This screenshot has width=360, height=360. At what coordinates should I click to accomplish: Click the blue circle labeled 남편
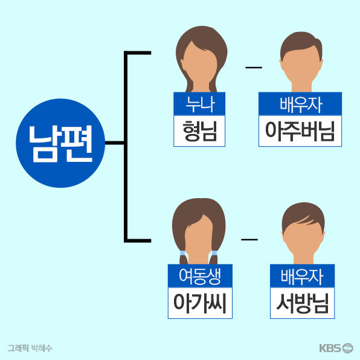pos(60,143)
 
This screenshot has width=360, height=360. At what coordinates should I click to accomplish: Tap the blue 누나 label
pos(199,104)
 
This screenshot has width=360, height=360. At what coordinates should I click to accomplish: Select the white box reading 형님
pos(199,131)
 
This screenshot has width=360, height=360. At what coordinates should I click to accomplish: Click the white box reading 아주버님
pos(300,131)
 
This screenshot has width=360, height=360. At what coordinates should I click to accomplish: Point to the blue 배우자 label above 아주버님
pos(300,104)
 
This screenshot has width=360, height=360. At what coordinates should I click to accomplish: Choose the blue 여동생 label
pos(200,276)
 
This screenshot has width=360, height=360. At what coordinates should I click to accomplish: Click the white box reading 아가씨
pos(200,303)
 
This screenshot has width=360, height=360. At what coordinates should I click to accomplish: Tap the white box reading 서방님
pos(302,303)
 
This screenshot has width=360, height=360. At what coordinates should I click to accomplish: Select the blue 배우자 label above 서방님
pos(302,276)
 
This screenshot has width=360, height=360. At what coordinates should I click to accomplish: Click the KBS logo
pos(336,348)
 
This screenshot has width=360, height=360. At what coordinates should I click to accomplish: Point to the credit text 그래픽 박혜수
pos(30,348)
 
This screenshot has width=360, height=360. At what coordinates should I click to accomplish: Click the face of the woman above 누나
pos(199,65)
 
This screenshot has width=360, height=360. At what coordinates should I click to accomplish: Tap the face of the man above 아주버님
pos(301,66)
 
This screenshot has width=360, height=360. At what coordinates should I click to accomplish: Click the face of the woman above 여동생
pos(199,239)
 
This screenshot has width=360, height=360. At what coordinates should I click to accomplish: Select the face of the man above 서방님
pos(303,239)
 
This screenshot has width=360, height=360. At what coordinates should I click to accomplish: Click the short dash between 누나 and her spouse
pos(254,68)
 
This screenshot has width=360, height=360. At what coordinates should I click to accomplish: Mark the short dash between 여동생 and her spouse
pos(249,239)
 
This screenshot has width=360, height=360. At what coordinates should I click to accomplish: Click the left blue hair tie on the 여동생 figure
pos(183,253)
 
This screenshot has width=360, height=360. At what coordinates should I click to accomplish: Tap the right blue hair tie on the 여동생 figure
pos(214,253)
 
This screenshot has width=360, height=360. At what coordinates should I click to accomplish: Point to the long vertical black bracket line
pos(126,147)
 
